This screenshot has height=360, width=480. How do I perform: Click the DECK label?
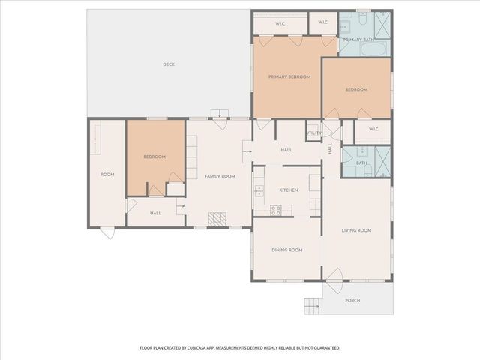click(169, 64)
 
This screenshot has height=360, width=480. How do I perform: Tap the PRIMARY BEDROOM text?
click(289, 76)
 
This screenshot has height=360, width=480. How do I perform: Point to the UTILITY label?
click(314, 133)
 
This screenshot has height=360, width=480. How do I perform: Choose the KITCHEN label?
click(289, 190)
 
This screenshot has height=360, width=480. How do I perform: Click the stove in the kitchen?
click(275, 210)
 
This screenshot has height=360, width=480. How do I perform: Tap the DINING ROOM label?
click(287, 250)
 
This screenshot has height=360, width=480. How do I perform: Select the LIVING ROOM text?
click(356, 230)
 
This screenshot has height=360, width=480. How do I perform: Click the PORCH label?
click(352, 300)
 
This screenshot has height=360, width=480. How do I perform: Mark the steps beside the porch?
click(313, 305)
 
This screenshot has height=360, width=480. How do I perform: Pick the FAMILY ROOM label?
click(220, 175)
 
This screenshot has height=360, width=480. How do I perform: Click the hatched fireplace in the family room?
click(217, 220)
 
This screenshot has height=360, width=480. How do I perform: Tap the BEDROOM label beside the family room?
click(154, 157)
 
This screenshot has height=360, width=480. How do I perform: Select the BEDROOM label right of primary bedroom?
click(356, 89)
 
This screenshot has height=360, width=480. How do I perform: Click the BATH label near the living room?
click(361, 163)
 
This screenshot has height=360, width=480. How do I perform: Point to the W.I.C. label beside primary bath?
click(323, 22)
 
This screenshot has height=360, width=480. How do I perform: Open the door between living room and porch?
click(334, 275)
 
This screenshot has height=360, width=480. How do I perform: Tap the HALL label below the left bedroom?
click(155, 213)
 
